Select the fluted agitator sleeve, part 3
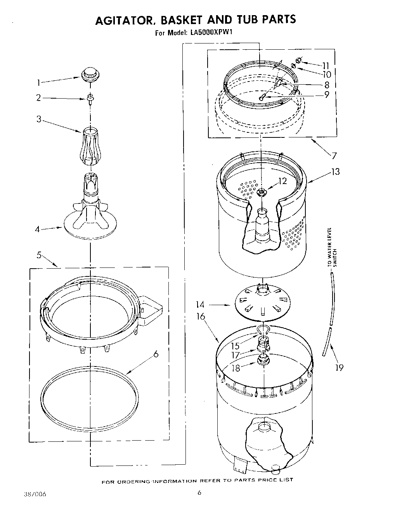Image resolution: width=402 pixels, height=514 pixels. point(90,146)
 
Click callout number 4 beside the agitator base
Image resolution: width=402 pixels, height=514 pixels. point(38,229)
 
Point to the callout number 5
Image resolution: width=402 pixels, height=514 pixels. point(39,255)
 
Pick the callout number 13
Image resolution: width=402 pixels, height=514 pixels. point(335,171)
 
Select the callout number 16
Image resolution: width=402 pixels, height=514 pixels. point(200,316)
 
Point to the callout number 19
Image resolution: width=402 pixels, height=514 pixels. point(339,367)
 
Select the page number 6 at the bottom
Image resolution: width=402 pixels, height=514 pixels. point(199,493)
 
